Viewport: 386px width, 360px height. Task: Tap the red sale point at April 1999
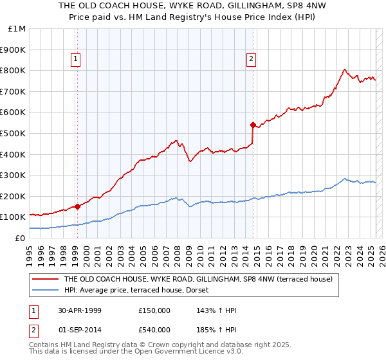pos(77,206)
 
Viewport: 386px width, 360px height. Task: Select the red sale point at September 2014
pos(253,124)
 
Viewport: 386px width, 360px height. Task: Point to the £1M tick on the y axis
pos(17,29)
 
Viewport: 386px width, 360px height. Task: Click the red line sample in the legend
pos(46,279)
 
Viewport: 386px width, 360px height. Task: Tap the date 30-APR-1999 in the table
pos(79,310)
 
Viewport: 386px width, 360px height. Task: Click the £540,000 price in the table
pos(154,329)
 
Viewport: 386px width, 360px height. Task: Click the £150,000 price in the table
pos(154,310)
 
